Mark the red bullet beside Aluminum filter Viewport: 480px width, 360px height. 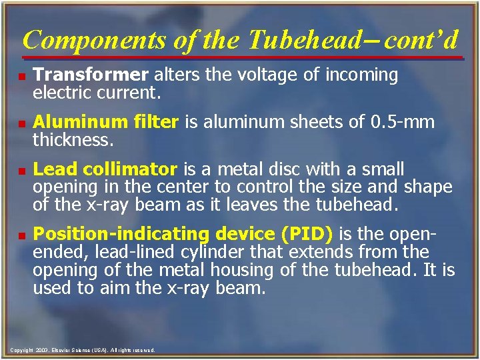[x=23, y=123]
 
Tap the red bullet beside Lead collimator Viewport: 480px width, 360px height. [x=23, y=170]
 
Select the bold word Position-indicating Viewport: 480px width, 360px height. [x=121, y=234]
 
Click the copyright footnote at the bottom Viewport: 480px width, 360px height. [x=83, y=350]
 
